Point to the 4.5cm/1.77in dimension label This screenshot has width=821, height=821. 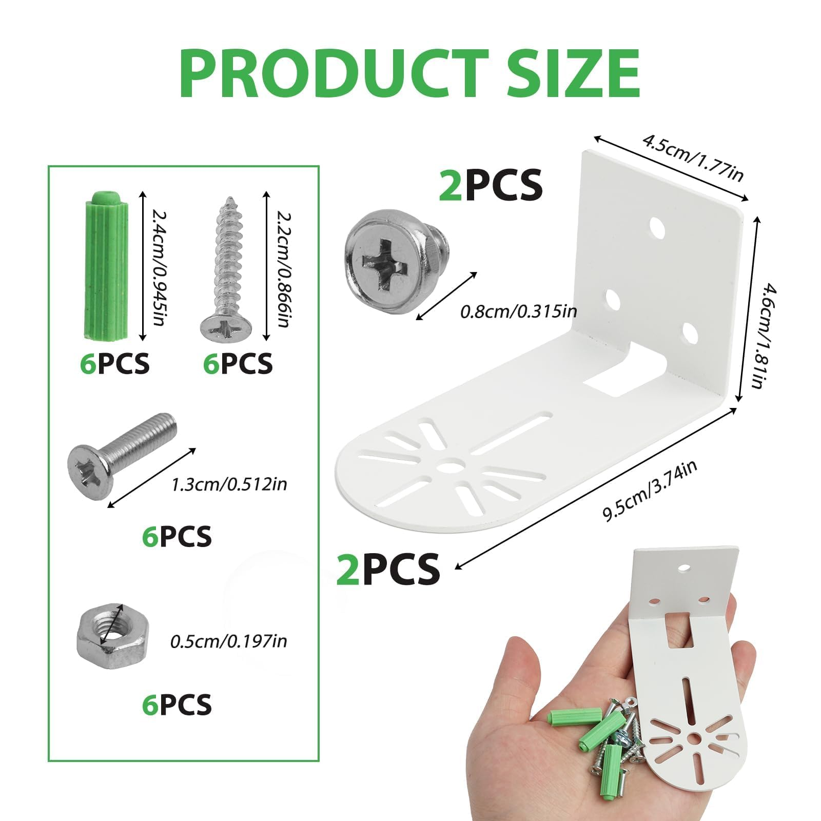693,158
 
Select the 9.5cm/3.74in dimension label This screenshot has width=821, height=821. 650,491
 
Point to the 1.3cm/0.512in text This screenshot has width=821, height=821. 229,484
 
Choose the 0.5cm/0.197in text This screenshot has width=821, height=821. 229,641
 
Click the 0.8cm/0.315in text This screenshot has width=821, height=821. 519,311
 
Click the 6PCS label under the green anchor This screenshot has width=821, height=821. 115,364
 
